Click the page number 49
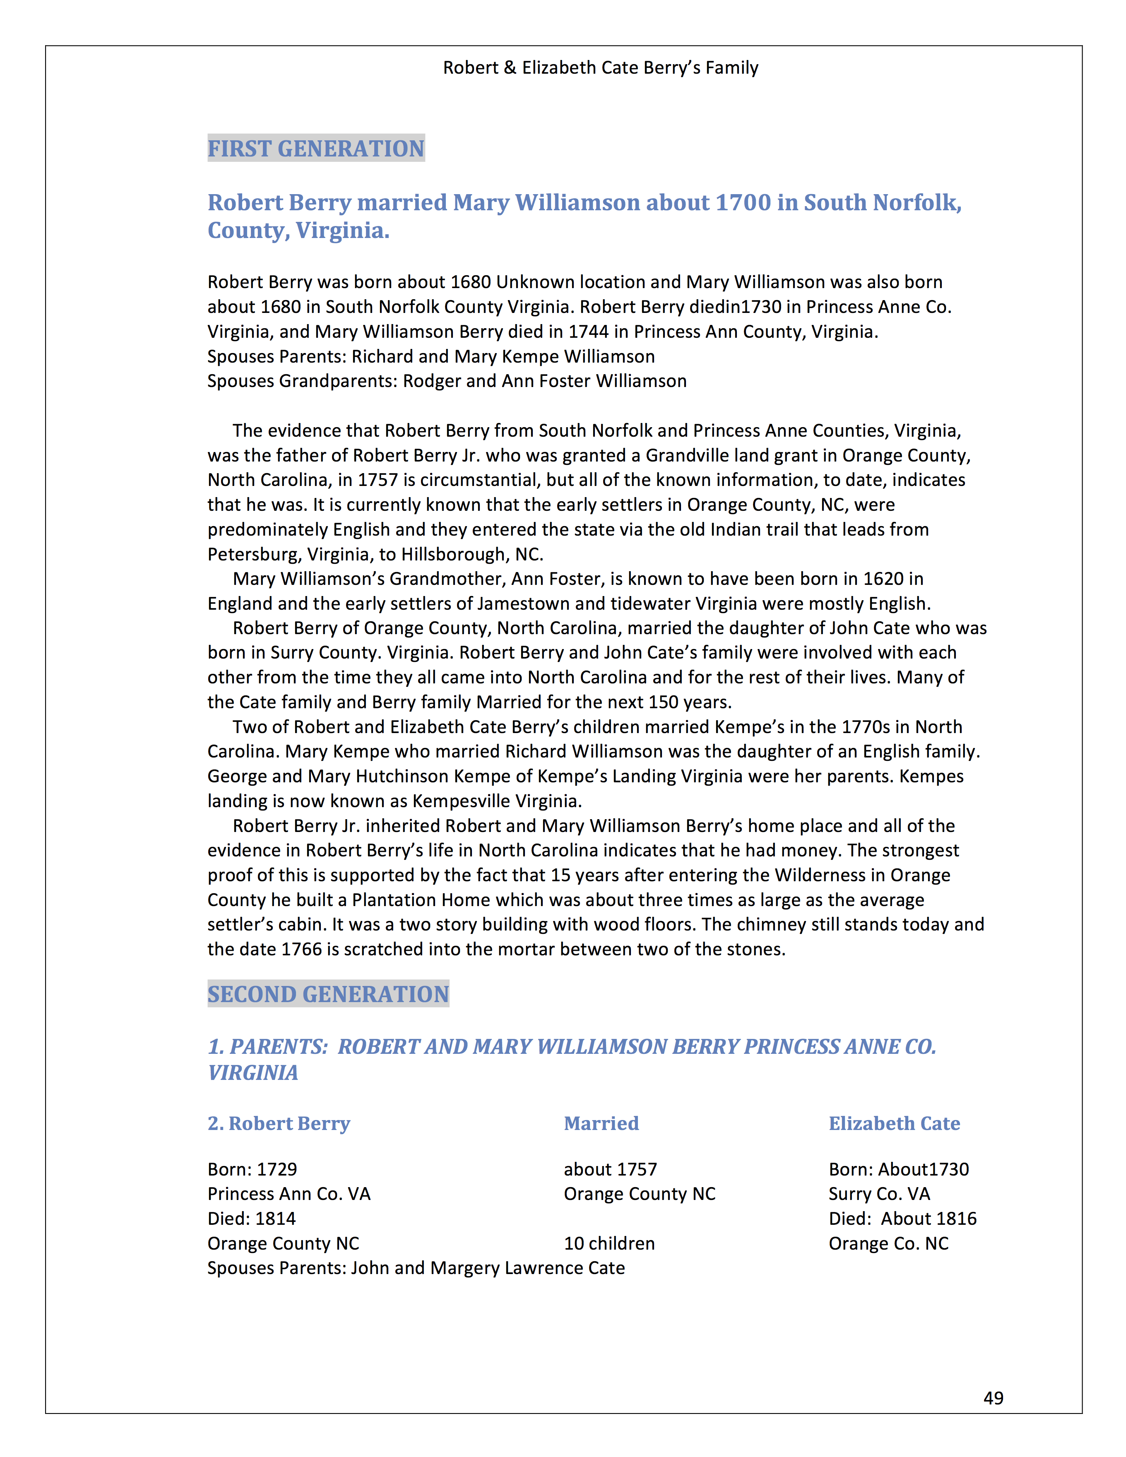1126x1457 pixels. [x=993, y=1398]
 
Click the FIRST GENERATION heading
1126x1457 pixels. [x=315, y=148]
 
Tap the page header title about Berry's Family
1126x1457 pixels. [x=600, y=68]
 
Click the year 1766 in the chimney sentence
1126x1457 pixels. [x=301, y=949]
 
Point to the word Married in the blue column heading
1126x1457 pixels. [x=601, y=1123]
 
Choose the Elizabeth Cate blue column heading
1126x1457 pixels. [x=894, y=1123]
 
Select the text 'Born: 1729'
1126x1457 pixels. [x=252, y=1169]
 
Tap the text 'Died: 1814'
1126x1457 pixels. [x=251, y=1219]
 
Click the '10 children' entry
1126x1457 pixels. [x=609, y=1243]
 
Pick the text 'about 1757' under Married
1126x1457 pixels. [x=610, y=1169]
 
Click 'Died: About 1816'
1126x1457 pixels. [x=902, y=1219]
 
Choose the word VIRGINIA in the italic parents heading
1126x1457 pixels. [x=253, y=1073]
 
